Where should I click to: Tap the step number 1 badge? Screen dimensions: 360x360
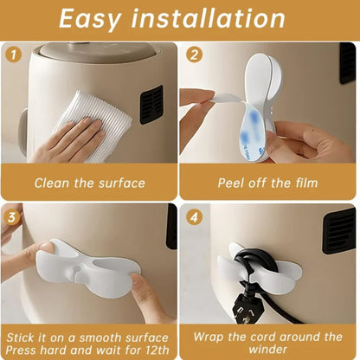tap(13, 55)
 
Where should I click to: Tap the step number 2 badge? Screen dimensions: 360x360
tap(194, 55)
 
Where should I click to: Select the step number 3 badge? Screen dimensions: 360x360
tap(13, 215)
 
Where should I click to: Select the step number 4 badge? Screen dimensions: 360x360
tap(194, 215)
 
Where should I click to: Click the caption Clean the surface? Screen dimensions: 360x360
tap(89, 183)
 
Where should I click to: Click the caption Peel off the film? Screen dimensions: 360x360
tap(269, 183)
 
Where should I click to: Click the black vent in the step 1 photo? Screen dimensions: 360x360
tap(151, 104)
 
